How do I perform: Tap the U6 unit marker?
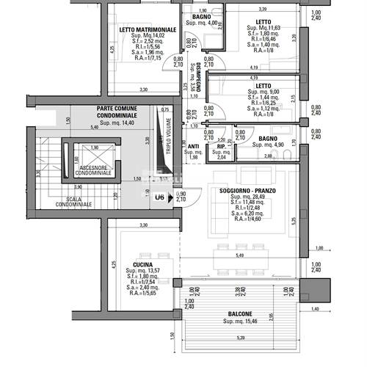click(159, 197)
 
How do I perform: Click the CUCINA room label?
click(142, 265)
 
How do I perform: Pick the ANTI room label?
click(194, 145)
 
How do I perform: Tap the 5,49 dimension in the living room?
click(239, 255)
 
